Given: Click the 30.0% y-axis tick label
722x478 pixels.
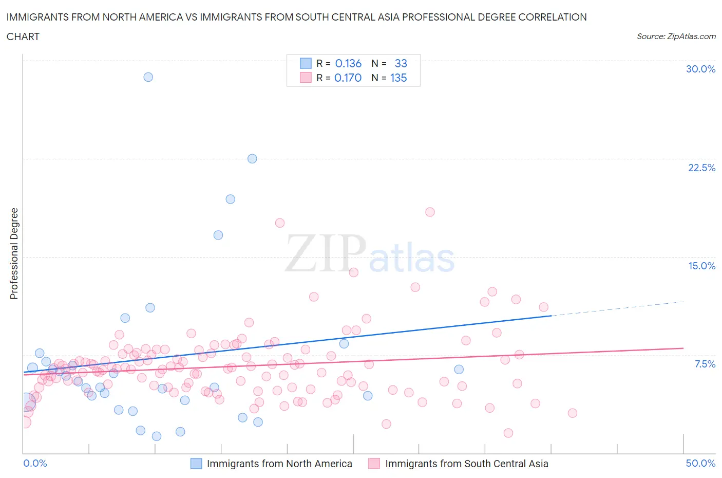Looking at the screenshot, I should (x=700, y=69).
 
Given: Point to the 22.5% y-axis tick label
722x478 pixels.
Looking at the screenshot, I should (x=701, y=168).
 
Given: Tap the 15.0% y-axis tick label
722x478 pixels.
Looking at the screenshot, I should (x=701, y=266).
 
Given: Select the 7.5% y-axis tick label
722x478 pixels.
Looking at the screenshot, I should (x=705, y=364).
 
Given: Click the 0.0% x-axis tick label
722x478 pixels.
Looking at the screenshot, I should (x=35, y=463).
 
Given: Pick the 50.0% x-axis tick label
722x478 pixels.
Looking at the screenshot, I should (x=700, y=463).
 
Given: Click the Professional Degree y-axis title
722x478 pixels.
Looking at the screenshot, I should (x=14, y=253).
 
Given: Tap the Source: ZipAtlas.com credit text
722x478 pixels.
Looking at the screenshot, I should (x=676, y=36).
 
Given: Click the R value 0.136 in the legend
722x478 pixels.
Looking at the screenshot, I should (x=348, y=63).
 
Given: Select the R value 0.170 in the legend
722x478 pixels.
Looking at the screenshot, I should (x=348, y=78).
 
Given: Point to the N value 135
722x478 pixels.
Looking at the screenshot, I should (x=398, y=78).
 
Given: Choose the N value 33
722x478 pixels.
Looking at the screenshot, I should (x=401, y=63).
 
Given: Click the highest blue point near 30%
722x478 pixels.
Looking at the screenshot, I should (x=148, y=77).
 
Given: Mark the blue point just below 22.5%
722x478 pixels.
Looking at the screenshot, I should (x=252, y=159).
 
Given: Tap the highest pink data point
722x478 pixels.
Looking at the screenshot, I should (x=430, y=212).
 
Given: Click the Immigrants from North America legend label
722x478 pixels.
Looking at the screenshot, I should (x=279, y=464).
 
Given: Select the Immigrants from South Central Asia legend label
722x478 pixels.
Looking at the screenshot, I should (x=466, y=464).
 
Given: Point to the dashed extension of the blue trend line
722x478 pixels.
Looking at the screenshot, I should (x=616, y=308).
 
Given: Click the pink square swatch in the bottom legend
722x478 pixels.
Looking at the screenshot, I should (x=374, y=464).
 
